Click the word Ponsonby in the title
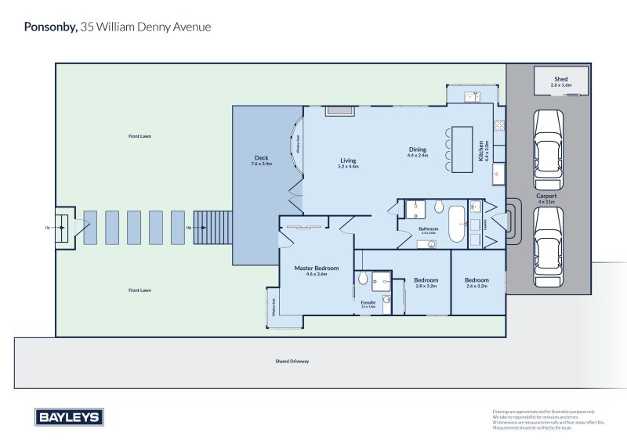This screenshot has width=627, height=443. click(x=50, y=27)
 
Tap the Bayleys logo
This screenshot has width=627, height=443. click(x=69, y=417)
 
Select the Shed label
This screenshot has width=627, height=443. click(x=560, y=79)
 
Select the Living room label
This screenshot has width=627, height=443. click(x=348, y=160)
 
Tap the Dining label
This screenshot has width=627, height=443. click(x=417, y=149)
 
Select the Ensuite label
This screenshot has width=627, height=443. click(x=368, y=301)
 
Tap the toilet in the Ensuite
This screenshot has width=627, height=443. click(x=363, y=279)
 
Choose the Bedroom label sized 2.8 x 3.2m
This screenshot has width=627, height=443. click(x=426, y=279)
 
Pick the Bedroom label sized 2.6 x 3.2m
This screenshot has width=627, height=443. click(x=477, y=280)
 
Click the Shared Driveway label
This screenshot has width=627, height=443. click(x=292, y=362)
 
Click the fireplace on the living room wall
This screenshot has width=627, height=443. click(x=339, y=111)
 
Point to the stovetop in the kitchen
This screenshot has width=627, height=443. click(x=498, y=124)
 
